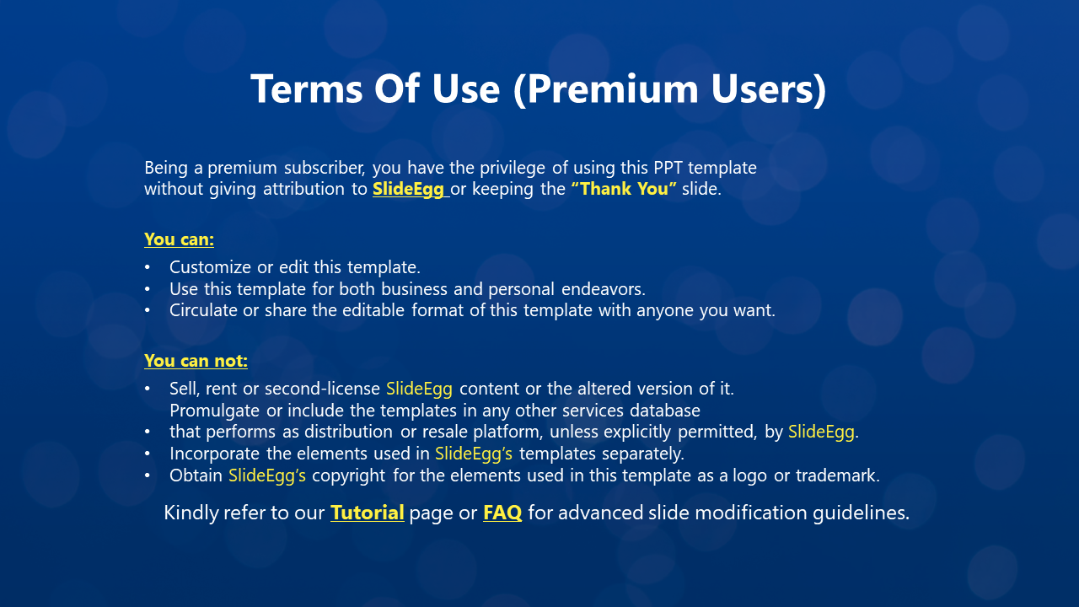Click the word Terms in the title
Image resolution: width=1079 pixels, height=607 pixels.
click(x=306, y=89)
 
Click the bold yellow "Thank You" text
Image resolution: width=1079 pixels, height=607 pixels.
click(x=624, y=188)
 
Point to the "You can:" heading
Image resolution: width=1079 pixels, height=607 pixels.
click(x=179, y=239)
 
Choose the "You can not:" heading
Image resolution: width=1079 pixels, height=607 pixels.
click(x=196, y=361)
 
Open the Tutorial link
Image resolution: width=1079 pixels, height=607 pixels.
click(x=367, y=513)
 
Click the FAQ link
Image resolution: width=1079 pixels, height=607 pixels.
click(x=502, y=513)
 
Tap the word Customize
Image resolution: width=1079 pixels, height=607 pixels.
click(x=211, y=267)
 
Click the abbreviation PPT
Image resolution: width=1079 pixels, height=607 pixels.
click(x=668, y=168)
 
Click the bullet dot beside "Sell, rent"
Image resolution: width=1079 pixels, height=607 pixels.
click(x=148, y=389)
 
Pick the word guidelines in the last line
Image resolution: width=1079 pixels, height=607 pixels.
click(x=861, y=513)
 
